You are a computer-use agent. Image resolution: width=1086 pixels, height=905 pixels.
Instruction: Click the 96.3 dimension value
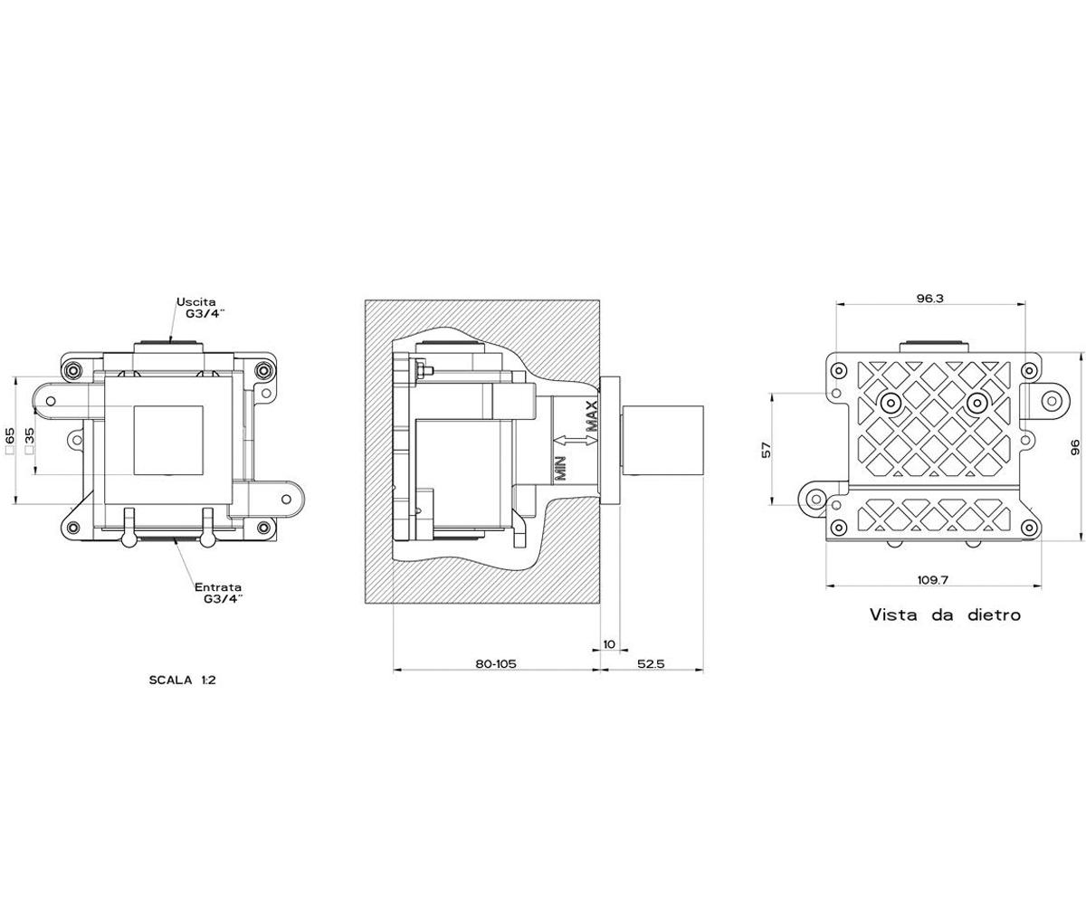(x=929, y=299)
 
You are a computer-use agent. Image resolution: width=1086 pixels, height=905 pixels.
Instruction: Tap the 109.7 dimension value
(x=932, y=579)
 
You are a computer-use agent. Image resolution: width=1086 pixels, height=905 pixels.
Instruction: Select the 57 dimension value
(x=767, y=450)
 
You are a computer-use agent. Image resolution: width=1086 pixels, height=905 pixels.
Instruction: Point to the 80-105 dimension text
(x=496, y=663)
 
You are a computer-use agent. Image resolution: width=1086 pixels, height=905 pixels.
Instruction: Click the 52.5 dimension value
(x=651, y=663)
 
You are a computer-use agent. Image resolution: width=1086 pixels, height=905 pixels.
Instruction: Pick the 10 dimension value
(x=609, y=644)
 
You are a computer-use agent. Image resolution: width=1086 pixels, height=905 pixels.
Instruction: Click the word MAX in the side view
(x=592, y=416)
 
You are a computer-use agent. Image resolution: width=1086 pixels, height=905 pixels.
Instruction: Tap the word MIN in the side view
(x=560, y=468)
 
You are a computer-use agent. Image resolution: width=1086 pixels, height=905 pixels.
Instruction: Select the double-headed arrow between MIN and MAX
(x=575, y=441)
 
